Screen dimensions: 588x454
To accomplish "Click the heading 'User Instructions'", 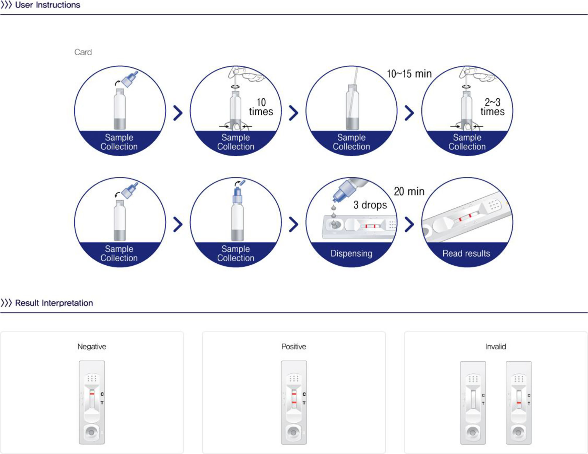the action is click(x=47, y=5).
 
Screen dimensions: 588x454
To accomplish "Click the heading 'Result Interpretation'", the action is click(x=54, y=303).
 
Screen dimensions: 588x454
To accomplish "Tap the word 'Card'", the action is click(x=83, y=52).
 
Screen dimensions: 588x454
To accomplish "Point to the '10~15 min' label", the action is click(x=409, y=74).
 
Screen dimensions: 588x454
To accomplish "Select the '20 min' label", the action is click(x=409, y=192).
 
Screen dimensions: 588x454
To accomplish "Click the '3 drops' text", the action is click(x=370, y=205).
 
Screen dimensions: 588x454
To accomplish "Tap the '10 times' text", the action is click(x=261, y=107).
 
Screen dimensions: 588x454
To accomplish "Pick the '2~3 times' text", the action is click(x=493, y=107).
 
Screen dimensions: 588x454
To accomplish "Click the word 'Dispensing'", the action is click(x=351, y=253).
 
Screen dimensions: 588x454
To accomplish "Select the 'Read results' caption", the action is click(x=466, y=253).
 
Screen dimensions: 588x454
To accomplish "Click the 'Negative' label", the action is click(x=92, y=347).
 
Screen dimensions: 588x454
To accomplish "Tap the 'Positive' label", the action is click(x=294, y=347).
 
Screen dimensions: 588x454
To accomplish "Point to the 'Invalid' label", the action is click(x=496, y=347).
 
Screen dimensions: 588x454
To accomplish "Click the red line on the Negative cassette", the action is click(x=92, y=394).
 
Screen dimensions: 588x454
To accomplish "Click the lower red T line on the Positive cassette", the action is click(x=294, y=403).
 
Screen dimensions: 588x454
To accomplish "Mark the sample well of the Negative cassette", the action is click(x=92, y=432).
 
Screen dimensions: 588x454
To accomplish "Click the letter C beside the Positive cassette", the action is click(x=304, y=394).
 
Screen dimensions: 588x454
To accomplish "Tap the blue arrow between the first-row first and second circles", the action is click(x=178, y=113).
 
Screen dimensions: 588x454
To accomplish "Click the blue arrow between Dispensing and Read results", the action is click(x=409, y=224).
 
